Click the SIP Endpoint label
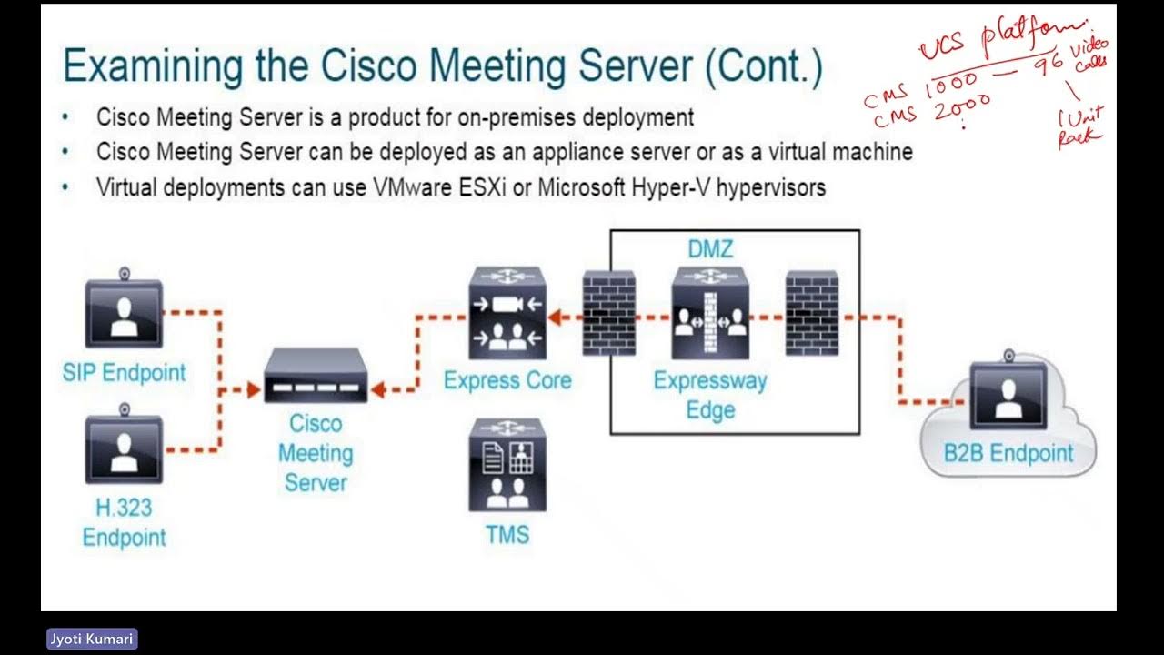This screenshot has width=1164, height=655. tap(124, 372)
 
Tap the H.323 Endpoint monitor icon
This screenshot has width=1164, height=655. tap(124, 448)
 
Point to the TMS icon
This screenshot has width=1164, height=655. tap(507, 465)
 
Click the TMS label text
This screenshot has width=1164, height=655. tap(507, 534)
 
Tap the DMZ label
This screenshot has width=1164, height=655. tap(710, 248)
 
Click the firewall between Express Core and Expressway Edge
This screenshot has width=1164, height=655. tap(608, 314)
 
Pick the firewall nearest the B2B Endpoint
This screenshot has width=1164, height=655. tap(812, 314)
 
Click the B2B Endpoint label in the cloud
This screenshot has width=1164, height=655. tap(1008, 453)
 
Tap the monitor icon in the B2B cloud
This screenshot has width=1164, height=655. tap(1008, 394)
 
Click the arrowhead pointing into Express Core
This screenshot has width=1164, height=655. tap(556, 317)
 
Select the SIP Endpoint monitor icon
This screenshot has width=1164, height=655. tap(124, 312)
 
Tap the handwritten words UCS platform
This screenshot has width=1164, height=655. tap(1000, 41)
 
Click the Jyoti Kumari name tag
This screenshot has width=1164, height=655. tap(91, 639)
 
